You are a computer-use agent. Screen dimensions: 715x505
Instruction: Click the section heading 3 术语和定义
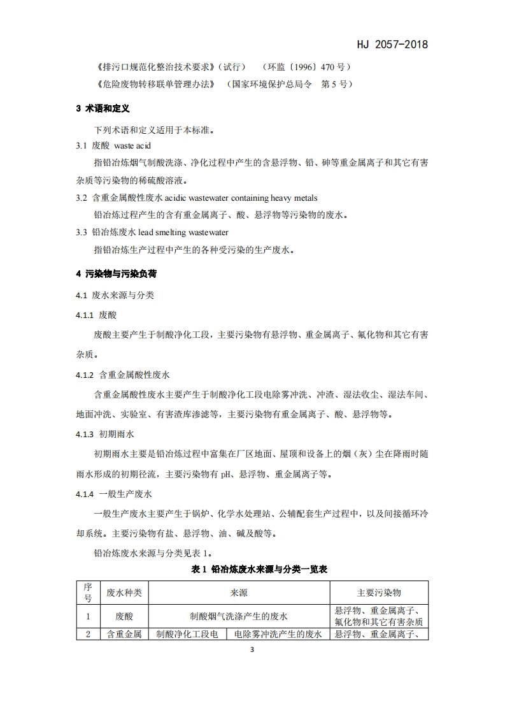(103, 109)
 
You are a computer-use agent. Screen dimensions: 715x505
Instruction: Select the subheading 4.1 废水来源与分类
(115, 296)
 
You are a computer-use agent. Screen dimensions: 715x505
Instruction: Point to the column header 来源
(239, 593)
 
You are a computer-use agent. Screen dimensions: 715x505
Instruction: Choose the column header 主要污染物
(379, 593)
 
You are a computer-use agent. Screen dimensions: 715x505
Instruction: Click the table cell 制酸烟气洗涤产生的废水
(239, 616)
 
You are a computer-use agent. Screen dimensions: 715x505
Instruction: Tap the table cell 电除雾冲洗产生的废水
(277, 634)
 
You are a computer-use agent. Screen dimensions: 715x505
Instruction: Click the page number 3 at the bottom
(252, 651)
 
